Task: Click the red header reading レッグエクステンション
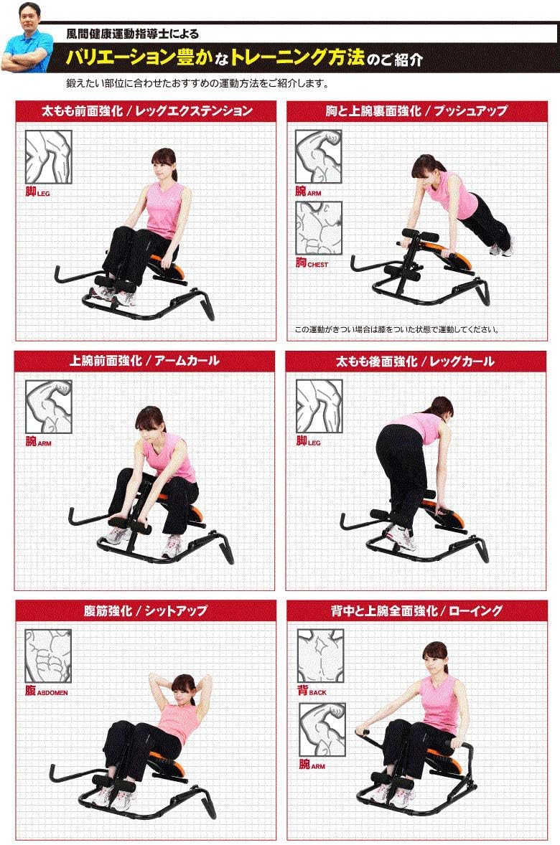pyautogui.click(x=146, y=111)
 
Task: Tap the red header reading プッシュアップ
pyautogui.click(x=416, y=111)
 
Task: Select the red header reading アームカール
pyautogui.click(x=144, y=361)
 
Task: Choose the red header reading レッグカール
pyautogui.click(x=416, y=361)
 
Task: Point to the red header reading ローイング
pyautogui.click(x=417, y=610)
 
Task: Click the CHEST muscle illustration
pyautogui.click(x=318, y=229)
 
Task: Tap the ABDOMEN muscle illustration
pyautogui.click(x=48, y=656)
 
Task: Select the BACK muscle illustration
pyautogui.click(x=320, y=656)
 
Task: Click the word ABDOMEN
pyautogui.click(x=53, y=692)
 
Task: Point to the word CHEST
pyautogui.click(x=318, y=265)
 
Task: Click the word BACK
pyautogui.click(x=318, y=692)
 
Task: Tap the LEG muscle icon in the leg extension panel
pyautogui.click(x=49, y=157)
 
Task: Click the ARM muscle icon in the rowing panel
pyautogui.click(x=322, y=730)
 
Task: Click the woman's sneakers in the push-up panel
pyautogui.click(x=501, y=248)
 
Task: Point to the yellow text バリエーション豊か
pyautogui.click(x=139, y=57)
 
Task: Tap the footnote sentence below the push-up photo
pyautogui.click(x=396, y=329)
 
